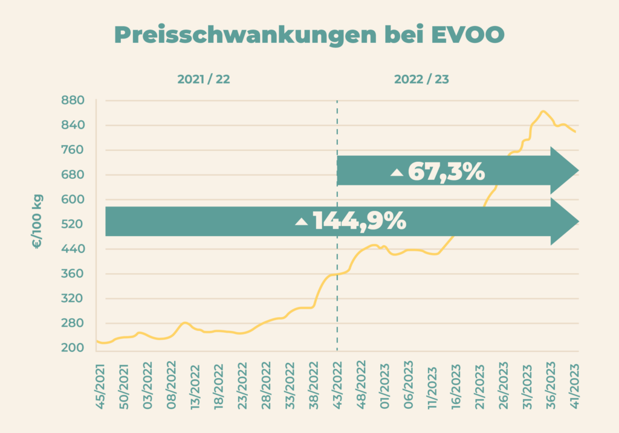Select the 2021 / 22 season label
tap(204, 80)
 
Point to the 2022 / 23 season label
tap(421, 80)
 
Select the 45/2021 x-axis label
tap(100, 382)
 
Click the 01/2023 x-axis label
tap(385, 382)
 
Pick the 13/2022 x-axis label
tap(195, 382)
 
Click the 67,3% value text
tap(446, 172)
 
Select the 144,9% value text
tap(359, 221)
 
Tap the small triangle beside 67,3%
tap(397, 173)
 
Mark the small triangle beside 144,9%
tap(302, 222)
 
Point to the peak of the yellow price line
tap(543, 111)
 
